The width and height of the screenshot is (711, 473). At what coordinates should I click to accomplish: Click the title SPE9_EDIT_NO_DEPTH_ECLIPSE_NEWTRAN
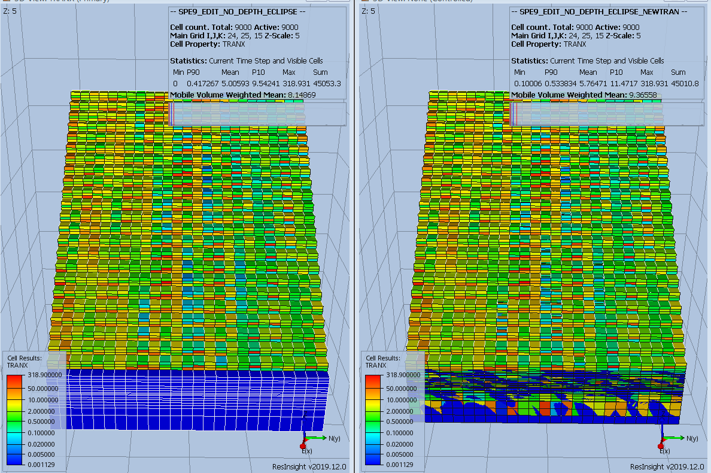click(x=598, y=11)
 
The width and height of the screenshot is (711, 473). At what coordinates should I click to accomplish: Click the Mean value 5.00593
click(x=230, y=83)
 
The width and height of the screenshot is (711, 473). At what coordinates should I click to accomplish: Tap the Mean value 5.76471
click(x=588, y=83)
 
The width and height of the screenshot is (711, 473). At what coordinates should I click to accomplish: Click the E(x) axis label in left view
click(x=307, y=450)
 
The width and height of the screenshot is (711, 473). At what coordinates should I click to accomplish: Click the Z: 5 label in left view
click(x=10, y=11)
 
